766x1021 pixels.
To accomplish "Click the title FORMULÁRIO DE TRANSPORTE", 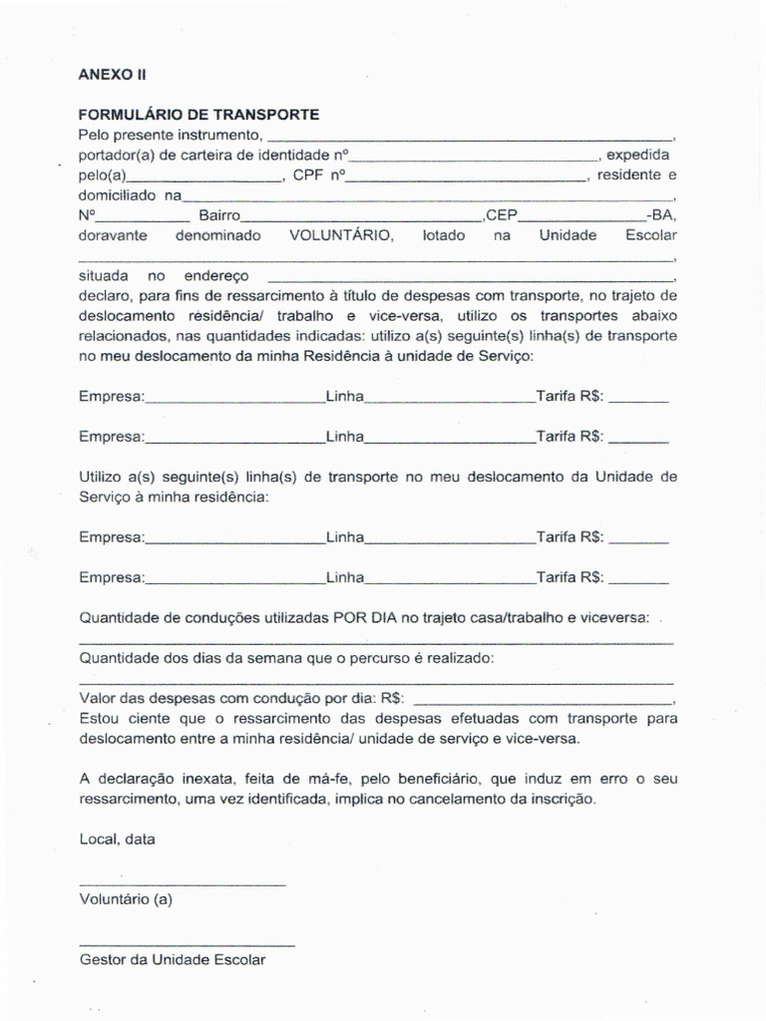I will coord(198,115).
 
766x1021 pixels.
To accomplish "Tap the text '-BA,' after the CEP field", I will coord(660,215).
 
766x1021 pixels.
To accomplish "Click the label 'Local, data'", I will coord(117,840).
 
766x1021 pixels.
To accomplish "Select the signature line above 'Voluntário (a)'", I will coord(182,884).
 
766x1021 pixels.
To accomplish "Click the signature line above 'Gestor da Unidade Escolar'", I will coord(186,944).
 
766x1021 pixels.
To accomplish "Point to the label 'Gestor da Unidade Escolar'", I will coord(173,960).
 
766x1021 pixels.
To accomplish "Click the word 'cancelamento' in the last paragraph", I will coord(463,799).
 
